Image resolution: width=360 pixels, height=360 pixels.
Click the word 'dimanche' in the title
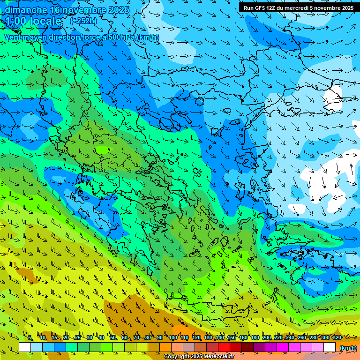(26, 10)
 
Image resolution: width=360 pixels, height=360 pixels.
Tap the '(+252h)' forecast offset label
(83, 21)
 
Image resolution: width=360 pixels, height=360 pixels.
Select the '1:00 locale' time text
(33, 21)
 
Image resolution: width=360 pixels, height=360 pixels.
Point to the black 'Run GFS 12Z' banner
(298, 7)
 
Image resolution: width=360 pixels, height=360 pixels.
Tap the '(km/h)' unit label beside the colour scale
(347, 347)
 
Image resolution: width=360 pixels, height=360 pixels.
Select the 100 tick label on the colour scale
(172, 337)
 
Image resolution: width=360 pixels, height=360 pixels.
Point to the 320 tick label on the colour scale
(336, 337)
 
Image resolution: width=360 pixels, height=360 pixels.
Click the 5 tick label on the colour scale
(30, 337)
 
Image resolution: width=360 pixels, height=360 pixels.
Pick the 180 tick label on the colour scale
(255, 337)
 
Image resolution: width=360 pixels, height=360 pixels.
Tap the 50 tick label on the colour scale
(113, 337)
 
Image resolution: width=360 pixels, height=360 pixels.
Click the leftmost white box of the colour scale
(25, 347)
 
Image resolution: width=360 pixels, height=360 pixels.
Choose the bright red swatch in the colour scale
(224, 347)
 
